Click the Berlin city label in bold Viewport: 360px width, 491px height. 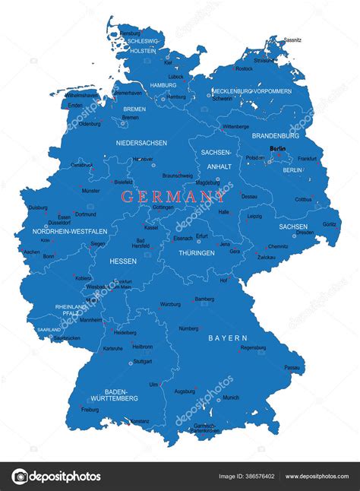click(277, 149)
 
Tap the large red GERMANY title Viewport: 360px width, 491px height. click(173, 196)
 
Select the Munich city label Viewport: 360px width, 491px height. click(231, 397)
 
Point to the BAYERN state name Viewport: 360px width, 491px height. click(228, 337)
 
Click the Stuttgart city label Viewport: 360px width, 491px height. click(142, 361)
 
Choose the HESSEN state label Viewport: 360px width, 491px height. click(123, 260)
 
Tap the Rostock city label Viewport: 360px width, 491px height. click(244, 68)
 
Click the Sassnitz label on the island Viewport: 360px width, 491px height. click(292, 40)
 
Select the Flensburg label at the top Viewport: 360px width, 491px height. click(130, 33)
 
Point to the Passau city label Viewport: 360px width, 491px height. click(292, 367)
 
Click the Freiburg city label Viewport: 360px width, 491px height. click(90, 409)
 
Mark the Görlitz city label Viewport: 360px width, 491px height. click(329, 224)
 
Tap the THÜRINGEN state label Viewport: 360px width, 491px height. click(197, 252)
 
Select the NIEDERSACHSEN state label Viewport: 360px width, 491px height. click(141, 142)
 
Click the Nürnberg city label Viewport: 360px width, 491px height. click(188, 328)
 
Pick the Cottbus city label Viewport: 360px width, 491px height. click(303, 199)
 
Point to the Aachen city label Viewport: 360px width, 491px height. click(32, 252)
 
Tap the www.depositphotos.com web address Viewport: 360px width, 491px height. click(317, 477)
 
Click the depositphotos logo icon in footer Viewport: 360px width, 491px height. click(21, 477)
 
